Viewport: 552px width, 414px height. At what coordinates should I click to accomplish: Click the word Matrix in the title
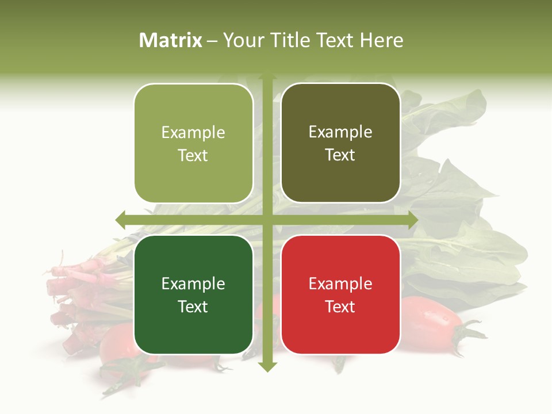[171, 40]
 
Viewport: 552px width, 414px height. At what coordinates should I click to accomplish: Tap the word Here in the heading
[381, 40]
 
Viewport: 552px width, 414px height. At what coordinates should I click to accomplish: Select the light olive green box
[193, 144]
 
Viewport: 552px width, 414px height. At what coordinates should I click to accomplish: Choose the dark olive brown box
[340, 143]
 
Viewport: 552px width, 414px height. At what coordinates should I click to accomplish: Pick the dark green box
[193, 294]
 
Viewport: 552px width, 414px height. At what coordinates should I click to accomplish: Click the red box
[340, 294]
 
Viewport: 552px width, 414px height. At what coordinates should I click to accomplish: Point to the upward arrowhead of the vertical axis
[267, 75]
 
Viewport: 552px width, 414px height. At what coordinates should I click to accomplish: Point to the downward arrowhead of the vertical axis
[267, 366]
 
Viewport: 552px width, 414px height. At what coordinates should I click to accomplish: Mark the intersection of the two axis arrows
[267, 220]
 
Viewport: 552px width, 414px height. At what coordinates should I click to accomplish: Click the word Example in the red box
[340, 283]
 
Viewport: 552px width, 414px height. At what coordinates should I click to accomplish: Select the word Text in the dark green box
[193, 306]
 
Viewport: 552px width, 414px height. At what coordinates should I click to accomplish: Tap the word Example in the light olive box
[193, 132]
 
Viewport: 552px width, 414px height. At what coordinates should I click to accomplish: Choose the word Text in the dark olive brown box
[340, 155]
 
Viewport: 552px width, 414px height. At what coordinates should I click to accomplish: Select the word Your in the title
[241, 40]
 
